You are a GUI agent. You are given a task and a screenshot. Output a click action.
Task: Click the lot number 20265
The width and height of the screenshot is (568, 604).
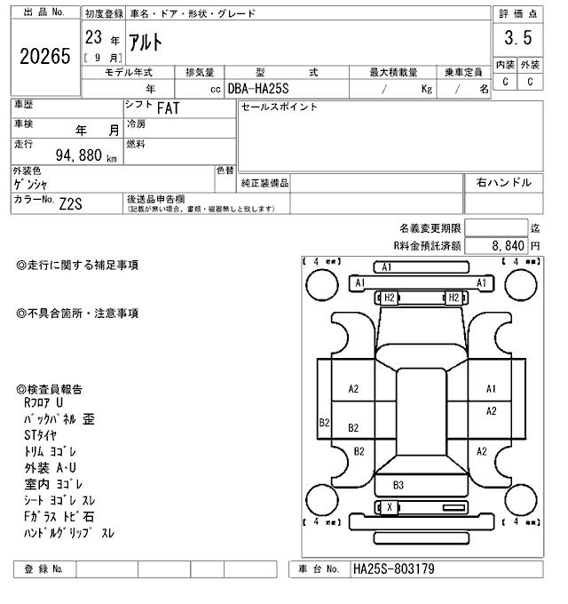[43, 56]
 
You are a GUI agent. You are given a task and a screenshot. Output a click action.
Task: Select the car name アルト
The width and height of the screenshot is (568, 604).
[146, 42]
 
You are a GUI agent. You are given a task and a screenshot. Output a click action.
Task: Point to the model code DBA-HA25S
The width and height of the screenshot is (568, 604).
[264, 89]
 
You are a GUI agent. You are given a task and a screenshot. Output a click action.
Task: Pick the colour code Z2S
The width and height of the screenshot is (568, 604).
[71, 203]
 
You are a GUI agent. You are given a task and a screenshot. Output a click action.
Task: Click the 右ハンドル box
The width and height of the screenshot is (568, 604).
[503, 182]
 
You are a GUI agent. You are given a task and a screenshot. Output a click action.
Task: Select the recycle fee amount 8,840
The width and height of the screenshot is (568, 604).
[507, 244]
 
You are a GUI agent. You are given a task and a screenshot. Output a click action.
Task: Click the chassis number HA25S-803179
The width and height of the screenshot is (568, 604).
[393, 568]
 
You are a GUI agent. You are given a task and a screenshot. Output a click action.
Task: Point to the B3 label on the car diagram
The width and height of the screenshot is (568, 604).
[398, 485]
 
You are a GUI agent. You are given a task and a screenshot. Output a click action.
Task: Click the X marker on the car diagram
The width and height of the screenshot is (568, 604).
[388, 507]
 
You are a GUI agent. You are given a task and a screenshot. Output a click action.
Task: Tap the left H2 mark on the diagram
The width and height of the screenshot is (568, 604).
[388, 298]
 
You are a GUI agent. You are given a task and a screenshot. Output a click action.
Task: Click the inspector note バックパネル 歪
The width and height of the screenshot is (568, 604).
[59, 418]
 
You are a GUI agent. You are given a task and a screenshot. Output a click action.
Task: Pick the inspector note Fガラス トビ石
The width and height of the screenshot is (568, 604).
[59, 516]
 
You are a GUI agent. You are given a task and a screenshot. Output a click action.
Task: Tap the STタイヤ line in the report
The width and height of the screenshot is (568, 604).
[40, 435]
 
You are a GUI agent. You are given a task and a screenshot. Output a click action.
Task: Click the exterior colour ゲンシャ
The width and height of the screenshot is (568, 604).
[31, 184]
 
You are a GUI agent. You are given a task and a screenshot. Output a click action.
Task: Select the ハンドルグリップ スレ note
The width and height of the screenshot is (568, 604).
[69, 533]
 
